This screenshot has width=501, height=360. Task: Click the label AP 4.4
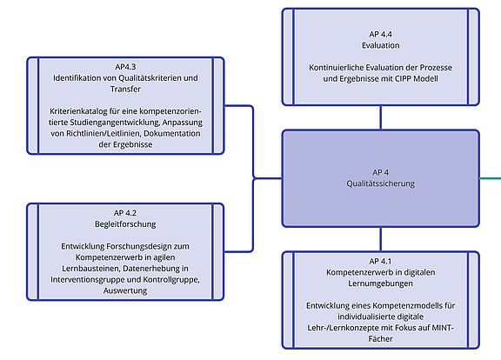click(x=380, y=34)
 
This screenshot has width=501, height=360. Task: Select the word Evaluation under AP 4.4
click(x=381, y=45)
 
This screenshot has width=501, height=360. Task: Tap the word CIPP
click(x=404, y=78)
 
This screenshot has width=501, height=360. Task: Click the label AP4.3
click(x=125, y=67)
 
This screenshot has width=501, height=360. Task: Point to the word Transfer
click(x=125, y=89)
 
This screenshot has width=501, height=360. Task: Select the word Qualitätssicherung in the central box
click(x=381, y=183)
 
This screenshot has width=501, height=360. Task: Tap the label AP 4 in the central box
click(x=381, y=172)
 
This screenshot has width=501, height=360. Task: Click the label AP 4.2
click(x=125, y=213)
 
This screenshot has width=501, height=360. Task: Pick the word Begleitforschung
click(x=125, y=224)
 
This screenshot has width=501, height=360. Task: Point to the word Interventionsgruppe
click(x=87, y=279)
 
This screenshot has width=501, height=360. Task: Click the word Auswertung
click(x=125, y=290)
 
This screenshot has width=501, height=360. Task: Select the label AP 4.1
click(x=380, y=261)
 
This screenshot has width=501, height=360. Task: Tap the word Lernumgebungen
click(x=380, y=283)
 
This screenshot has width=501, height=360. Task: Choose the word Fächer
click(x=380, y=338)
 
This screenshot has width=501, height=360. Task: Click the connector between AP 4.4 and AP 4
click(x=380, y=117)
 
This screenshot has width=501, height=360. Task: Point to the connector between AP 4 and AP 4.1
click(x=380, y=239)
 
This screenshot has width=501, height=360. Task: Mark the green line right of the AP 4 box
click(x=491, y=178)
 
